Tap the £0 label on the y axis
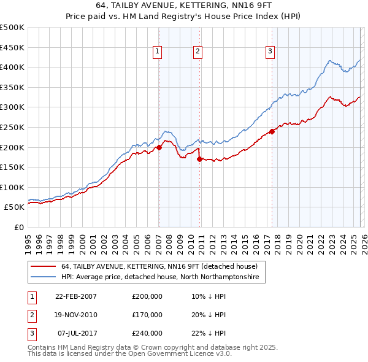point(18,227)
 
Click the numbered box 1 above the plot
point(158,52)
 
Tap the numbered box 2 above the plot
point(198,52)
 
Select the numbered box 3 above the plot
point(270,52)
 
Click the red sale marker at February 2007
point(159,147)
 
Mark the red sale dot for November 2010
point(199,159)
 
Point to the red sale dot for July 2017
point(272,131)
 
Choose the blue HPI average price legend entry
point(160,277)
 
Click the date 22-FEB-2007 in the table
point(76,296)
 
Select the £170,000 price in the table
point(147,315)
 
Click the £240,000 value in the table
point(147,333)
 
